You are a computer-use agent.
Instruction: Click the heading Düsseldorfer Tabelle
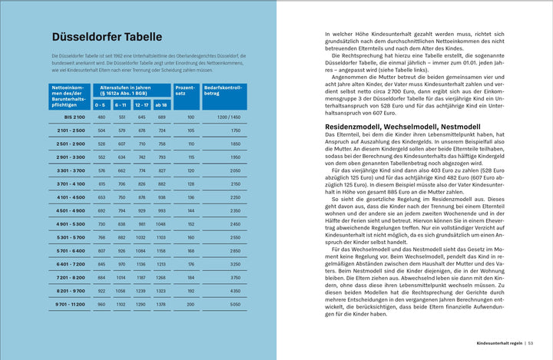tap(106, 37)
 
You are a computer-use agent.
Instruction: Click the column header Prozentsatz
tap(185, 92)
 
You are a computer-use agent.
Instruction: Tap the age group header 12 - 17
tap(141, 104)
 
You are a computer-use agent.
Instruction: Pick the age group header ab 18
tap(161, 104)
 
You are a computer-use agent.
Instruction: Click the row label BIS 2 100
tap(75, 117)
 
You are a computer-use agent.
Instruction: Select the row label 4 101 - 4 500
tap(71, 197)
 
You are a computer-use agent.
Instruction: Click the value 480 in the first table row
tap(101, 117)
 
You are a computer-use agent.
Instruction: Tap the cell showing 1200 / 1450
tap(229, 117)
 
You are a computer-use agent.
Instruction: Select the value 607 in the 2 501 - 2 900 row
tap(121, 144)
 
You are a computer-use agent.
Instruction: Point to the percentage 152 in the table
tap(190, 224)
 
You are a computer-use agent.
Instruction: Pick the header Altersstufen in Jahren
tap(131, 90)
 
